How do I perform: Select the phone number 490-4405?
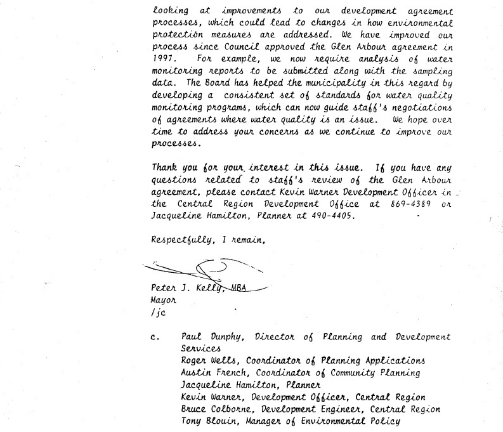click(x=327, y=216)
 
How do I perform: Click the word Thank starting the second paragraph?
click(x=164, y=168)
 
